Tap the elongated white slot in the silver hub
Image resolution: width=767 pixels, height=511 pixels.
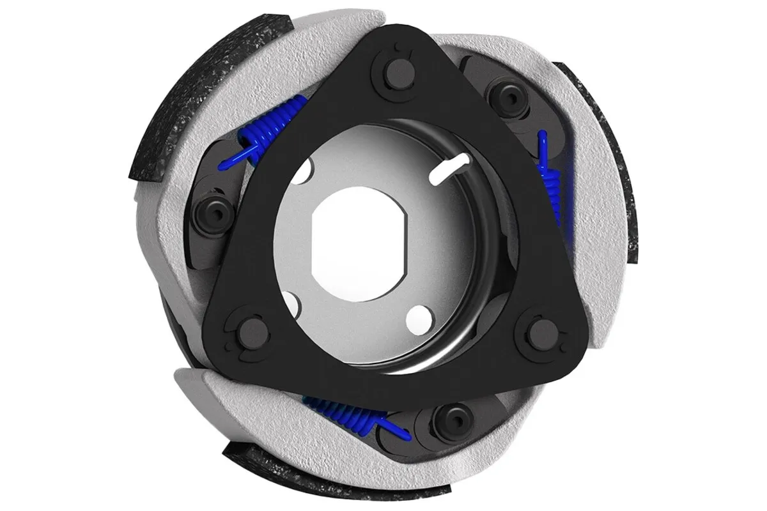click(x=451, y=171)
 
